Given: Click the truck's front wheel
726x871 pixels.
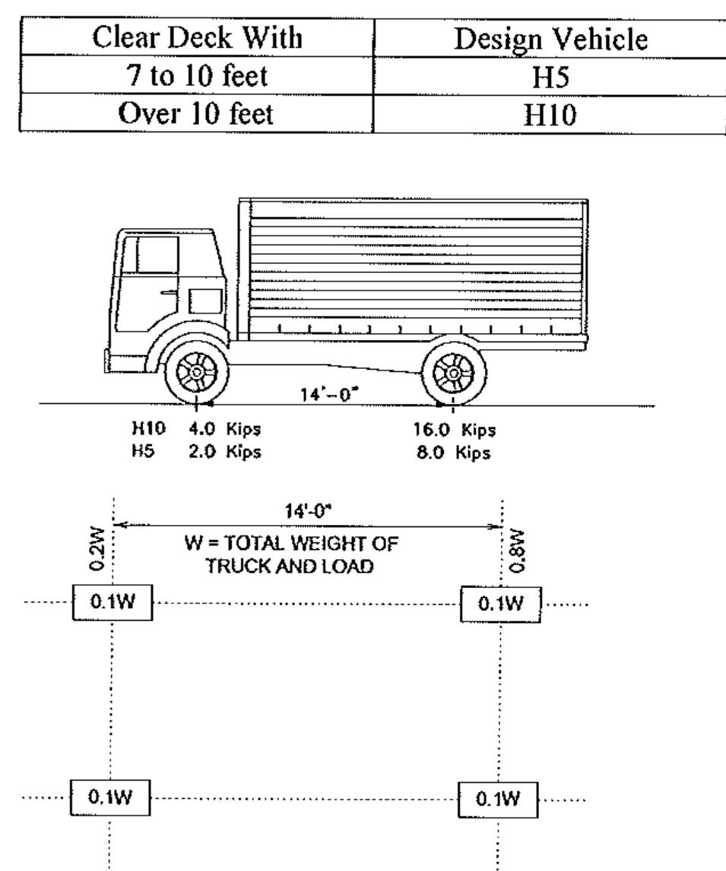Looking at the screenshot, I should pos(195,371).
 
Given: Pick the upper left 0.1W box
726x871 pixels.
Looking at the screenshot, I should pos(112,603).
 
